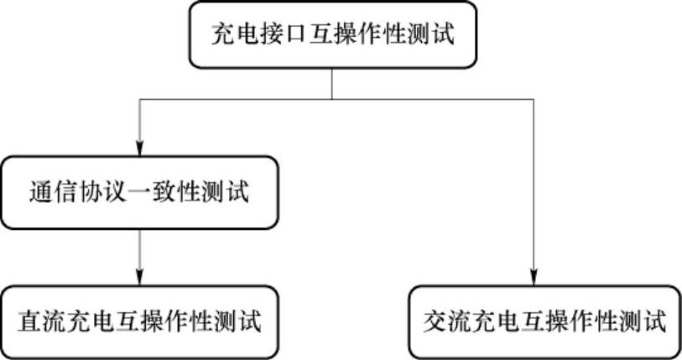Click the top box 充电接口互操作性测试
pos(333,35)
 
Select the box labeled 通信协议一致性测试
pos(138,192)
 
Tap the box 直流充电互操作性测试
pos(138,321)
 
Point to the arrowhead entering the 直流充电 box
pos(139,278)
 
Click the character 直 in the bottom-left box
pos(31,322)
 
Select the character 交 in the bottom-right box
pos(435,322)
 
